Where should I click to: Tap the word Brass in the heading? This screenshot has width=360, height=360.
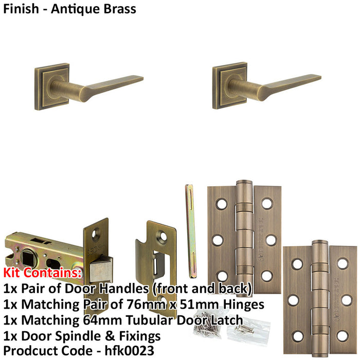pyautogui.click(x=119, y=9)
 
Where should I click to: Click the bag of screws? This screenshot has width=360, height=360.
pyautogui.click(x=211, y=324)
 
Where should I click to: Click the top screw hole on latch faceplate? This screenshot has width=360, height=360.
pyautogui.click(x=96, y=234)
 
